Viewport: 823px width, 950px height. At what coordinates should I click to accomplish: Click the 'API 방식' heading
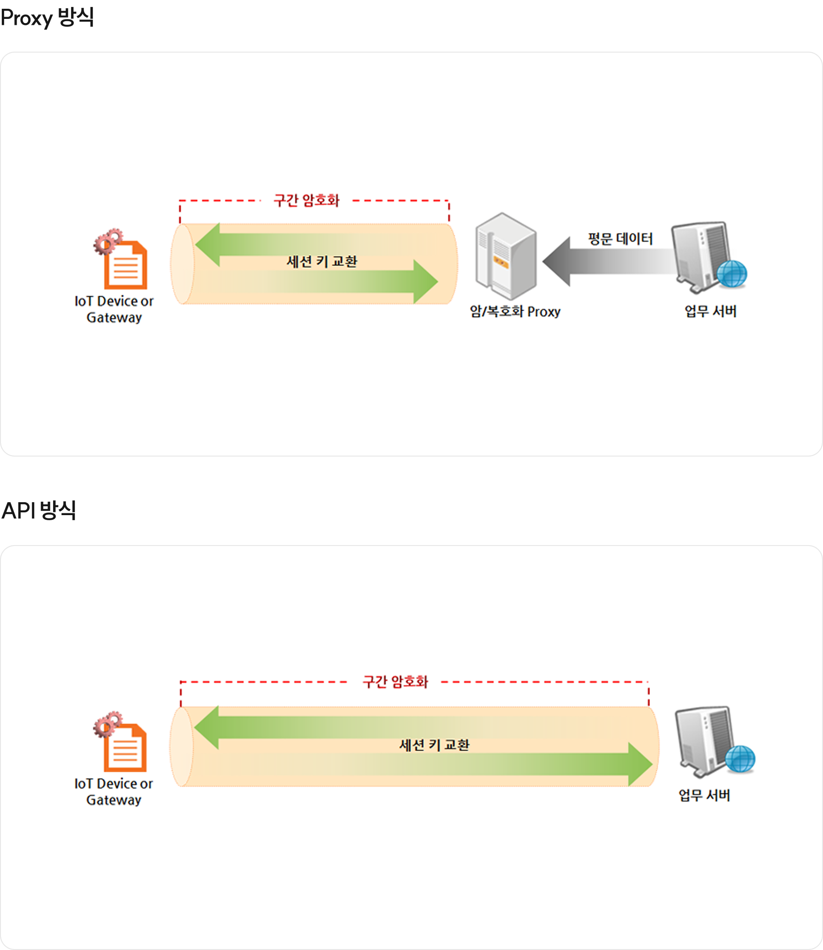39,511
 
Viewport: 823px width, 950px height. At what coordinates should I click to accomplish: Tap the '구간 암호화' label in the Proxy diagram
307,201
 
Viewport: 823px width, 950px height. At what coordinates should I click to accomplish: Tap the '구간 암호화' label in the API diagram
395,682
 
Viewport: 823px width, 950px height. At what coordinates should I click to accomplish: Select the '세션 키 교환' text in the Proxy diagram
322,262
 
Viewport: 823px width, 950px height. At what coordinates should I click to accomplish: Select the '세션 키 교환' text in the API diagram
434,745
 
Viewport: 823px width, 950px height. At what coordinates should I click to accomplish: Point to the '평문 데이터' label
620,239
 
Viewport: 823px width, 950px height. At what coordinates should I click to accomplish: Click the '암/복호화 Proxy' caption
515,312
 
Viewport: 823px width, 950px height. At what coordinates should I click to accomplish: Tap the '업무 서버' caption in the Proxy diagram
710,312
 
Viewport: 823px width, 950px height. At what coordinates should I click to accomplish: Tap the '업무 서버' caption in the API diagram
704,795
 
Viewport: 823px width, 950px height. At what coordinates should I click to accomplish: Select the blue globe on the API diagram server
740,759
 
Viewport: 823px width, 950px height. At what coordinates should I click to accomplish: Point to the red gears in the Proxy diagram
108,241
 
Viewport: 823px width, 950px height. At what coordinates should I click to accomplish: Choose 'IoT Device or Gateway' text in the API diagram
113,791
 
